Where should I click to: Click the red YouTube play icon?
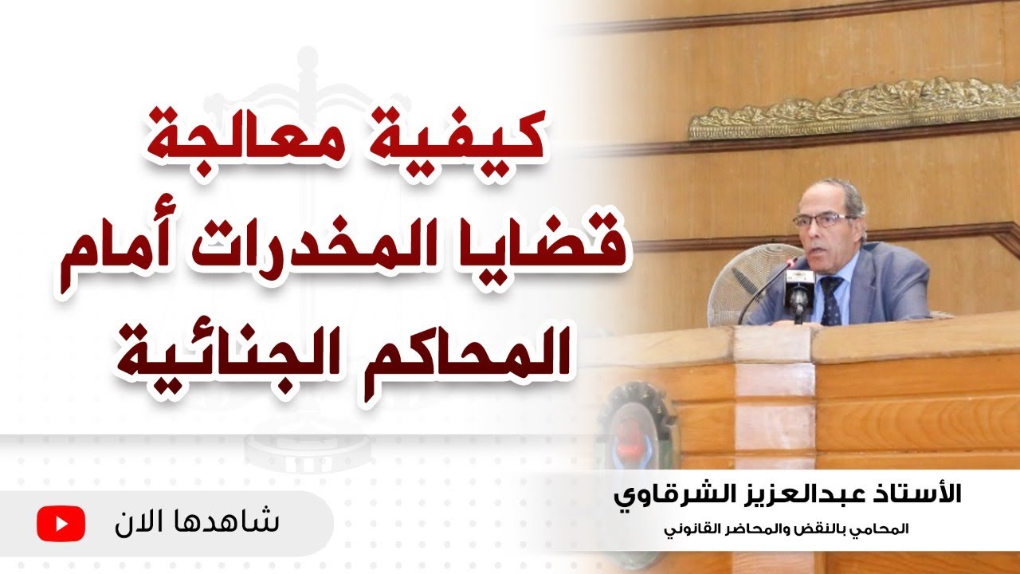[x=61, y=524]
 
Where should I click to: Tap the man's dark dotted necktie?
[x=831, y=299]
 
